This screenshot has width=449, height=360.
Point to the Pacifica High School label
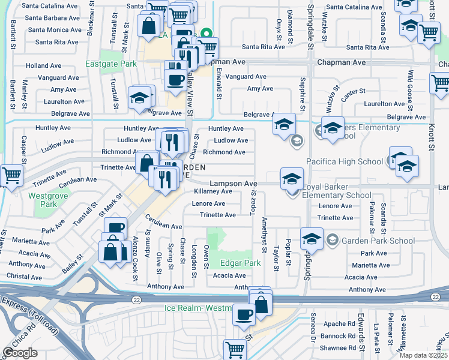344,161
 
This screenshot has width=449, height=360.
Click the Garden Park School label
378,241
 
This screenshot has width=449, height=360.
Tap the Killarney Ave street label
213,191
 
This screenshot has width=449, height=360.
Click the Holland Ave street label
44,65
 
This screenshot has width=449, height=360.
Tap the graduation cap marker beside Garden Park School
312,239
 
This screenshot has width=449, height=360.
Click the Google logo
20,353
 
